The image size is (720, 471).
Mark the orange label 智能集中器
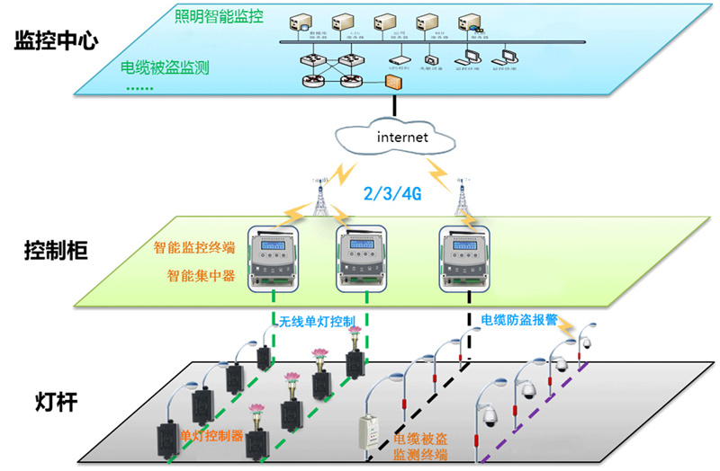click(x=201, y=276)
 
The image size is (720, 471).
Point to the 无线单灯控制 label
click(x=317, y=320)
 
